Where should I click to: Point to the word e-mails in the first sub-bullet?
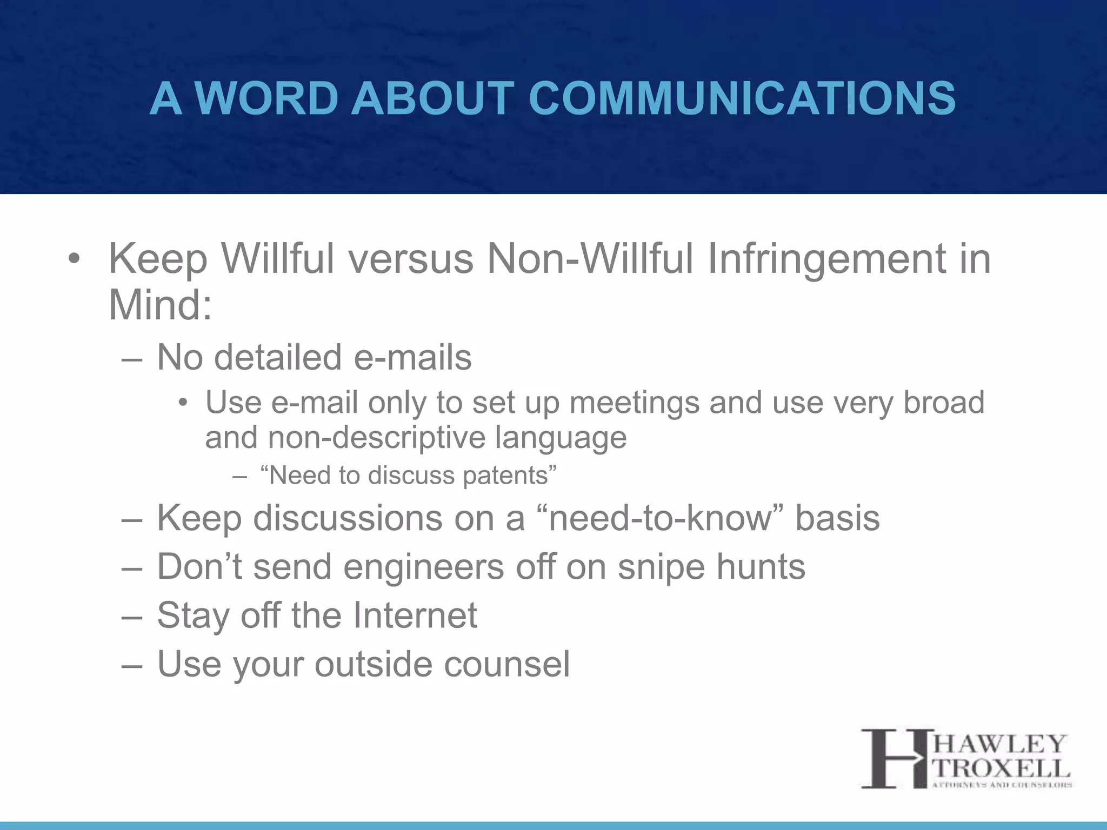point(412,358)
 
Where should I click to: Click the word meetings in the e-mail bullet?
point(635,403)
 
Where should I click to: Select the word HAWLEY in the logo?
point(1000,745)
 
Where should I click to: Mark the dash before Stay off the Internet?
point(131,617)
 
